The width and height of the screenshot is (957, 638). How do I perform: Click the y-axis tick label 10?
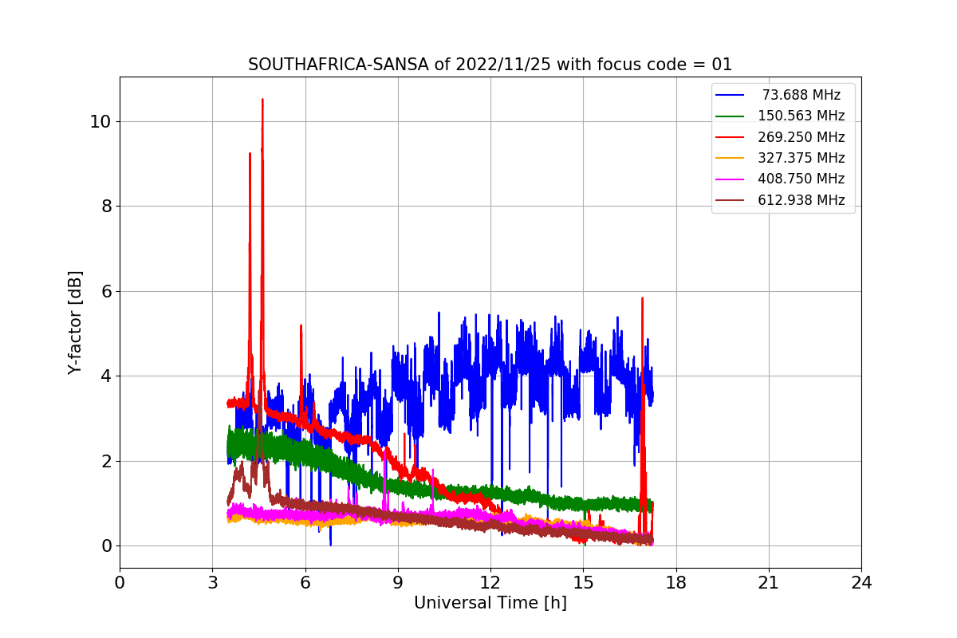(x=100, y=121)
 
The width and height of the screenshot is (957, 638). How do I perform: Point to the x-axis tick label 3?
(x=212, y=583)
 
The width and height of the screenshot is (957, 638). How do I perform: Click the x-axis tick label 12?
(x=490, y=583)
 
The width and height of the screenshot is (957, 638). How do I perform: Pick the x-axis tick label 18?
(x=675, y=583)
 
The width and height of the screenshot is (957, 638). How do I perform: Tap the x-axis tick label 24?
(x=861, y=583)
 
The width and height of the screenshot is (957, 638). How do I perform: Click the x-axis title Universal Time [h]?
(x=490, y=604)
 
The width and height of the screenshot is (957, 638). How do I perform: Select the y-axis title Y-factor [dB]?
(x=75, y=323)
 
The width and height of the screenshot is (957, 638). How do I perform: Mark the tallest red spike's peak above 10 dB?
(x=262, y=100)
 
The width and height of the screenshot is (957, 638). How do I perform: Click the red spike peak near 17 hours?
(x=642, y=298)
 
